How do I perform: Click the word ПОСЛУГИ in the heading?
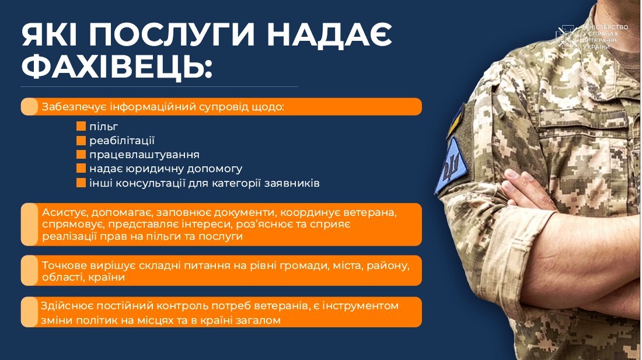point(172,35)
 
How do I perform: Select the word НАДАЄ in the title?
point(329,35)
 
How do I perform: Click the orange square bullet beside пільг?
point(81,127)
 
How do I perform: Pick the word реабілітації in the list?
point(122,141)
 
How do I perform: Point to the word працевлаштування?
point(145,155)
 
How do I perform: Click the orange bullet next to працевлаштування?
point(81,154)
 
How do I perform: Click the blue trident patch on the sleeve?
point(451,165)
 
